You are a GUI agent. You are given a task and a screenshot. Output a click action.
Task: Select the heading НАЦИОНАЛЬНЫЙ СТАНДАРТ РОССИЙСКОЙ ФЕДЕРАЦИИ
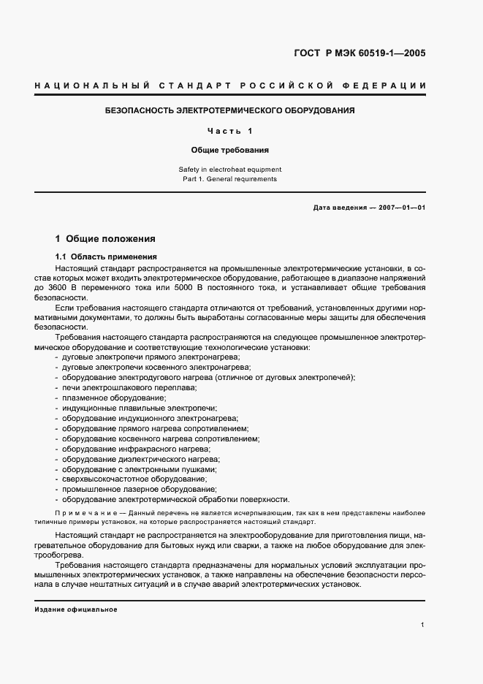pyautogui.click(x=230, y=87)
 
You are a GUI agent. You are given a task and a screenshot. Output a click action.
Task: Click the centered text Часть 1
pyautogui.click(x=230, y=131)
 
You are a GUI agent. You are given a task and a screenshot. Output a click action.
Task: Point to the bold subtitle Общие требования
pyautogui.click(x=230, y=150)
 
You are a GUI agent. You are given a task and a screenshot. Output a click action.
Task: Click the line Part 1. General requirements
pyautogui.click(x=230, y=179)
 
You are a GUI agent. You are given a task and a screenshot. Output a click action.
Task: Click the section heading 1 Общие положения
pyautogui.click(x=105, y=239)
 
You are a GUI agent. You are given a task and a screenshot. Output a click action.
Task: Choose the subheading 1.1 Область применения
pyautogui.click(x=105, y=257)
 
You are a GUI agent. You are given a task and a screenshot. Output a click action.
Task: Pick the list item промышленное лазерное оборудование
pyautogui.click(x=138, y=490)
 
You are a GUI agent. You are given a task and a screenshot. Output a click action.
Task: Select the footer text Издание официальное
pyautogui.click(x=76, y=610)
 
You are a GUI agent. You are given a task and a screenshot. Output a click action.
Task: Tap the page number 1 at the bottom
pyautogui.click(x=423, y=625)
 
